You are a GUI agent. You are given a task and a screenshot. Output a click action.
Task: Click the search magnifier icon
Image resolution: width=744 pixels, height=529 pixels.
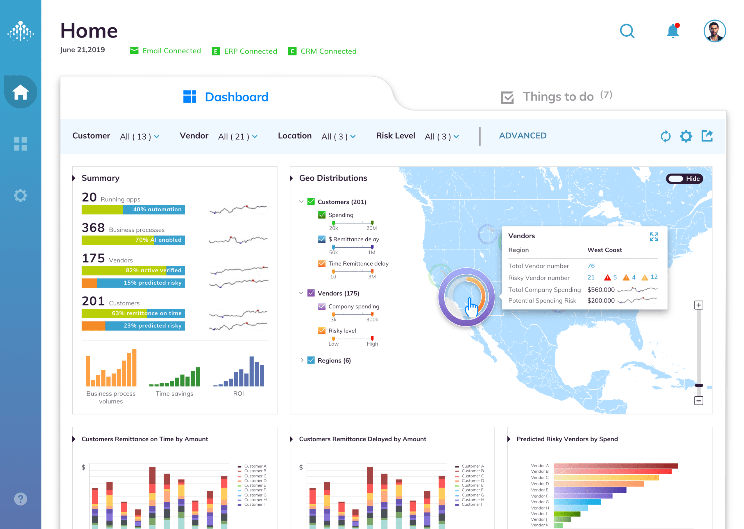click(627, 31)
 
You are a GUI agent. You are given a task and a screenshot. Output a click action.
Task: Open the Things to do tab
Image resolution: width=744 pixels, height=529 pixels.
click(557, 96)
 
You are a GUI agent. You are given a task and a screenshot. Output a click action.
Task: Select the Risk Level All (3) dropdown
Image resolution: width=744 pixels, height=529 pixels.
click(441, 137)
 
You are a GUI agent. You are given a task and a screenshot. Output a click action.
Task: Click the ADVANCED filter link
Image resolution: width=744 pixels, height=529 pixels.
click(523, 135)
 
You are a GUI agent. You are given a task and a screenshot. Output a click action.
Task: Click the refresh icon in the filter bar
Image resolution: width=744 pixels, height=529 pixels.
click(665, 136)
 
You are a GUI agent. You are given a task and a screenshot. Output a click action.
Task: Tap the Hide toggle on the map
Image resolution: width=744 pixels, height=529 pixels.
click(684, 178)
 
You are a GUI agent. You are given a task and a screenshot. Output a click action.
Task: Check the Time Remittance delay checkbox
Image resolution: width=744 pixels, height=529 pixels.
click(322, 263)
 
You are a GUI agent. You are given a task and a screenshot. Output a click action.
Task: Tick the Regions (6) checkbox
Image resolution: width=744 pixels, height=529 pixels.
click(311, 360)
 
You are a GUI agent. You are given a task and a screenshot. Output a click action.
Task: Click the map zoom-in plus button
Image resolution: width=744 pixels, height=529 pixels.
click(698, 305)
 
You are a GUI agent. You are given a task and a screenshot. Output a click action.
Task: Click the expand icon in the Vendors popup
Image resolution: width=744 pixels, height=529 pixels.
click(654, 237)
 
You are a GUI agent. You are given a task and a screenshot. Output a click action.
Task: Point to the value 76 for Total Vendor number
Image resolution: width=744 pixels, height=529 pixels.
click(591, 266)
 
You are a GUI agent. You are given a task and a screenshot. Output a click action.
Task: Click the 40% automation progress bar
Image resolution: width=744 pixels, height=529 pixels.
click(133, 210)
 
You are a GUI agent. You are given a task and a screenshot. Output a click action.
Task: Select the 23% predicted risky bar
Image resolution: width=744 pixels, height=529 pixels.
click(133, 326)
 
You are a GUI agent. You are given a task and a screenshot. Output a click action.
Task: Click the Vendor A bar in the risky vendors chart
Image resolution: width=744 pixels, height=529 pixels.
click(616, 466)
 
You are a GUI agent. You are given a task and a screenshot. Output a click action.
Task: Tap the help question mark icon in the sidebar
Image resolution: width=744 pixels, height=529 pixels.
click(21, 499)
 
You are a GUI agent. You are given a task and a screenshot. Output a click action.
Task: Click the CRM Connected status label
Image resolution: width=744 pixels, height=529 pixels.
click(328, 51)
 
